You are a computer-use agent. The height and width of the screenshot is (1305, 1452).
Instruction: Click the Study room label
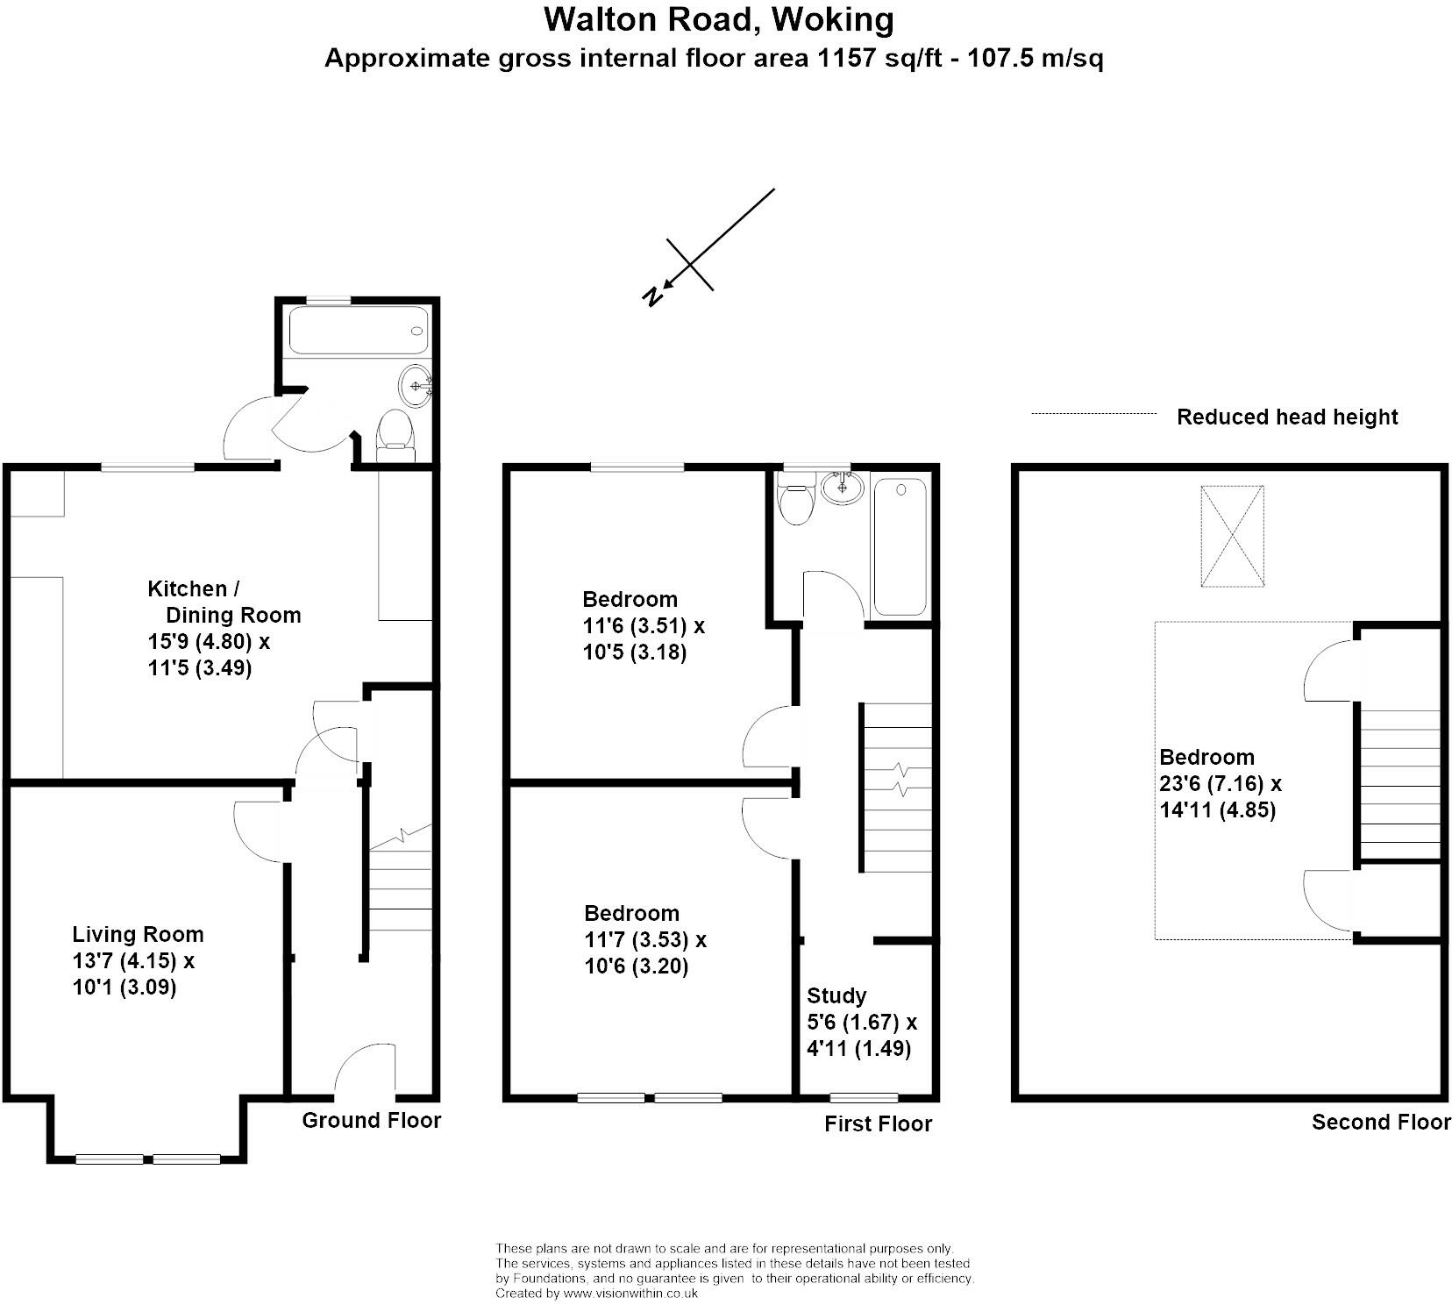click(836, 995)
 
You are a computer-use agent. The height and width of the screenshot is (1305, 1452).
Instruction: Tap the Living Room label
click(138, 934)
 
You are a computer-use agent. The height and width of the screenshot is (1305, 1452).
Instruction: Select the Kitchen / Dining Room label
click(224, 602)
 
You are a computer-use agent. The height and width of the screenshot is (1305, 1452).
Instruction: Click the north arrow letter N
click(651, 296)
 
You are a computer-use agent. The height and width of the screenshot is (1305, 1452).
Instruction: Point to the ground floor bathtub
click(358, 331)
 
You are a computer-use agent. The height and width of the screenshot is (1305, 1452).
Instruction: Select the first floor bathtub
click(900, 546)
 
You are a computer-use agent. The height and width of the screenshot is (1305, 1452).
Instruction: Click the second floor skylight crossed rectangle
click(1233, 536)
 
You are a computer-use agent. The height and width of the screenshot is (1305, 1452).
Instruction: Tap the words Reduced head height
click(1286, 417)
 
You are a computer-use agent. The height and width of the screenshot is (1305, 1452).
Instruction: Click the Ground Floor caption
click(371, 1120)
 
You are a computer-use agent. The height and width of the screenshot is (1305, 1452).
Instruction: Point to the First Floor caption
click(878, 1123)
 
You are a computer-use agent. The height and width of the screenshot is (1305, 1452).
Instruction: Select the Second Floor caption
click(1381, 1122)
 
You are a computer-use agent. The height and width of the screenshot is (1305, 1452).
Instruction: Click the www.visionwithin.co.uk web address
click(630, 1292)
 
